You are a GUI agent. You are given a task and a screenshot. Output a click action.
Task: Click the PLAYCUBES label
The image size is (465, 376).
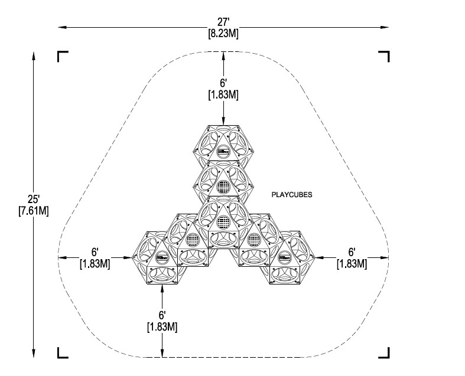coord(292,195)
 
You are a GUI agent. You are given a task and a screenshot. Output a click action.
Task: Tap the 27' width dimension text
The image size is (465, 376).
coord(223,22)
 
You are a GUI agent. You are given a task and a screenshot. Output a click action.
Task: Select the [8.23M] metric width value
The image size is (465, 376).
coord(223,33)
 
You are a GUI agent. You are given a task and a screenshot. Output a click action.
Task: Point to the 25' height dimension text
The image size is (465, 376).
coord(34,199)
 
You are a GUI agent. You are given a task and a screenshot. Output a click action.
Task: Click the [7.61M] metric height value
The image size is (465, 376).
coord(34,211)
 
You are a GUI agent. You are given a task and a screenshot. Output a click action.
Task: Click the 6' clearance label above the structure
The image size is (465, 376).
coord(223,83)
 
